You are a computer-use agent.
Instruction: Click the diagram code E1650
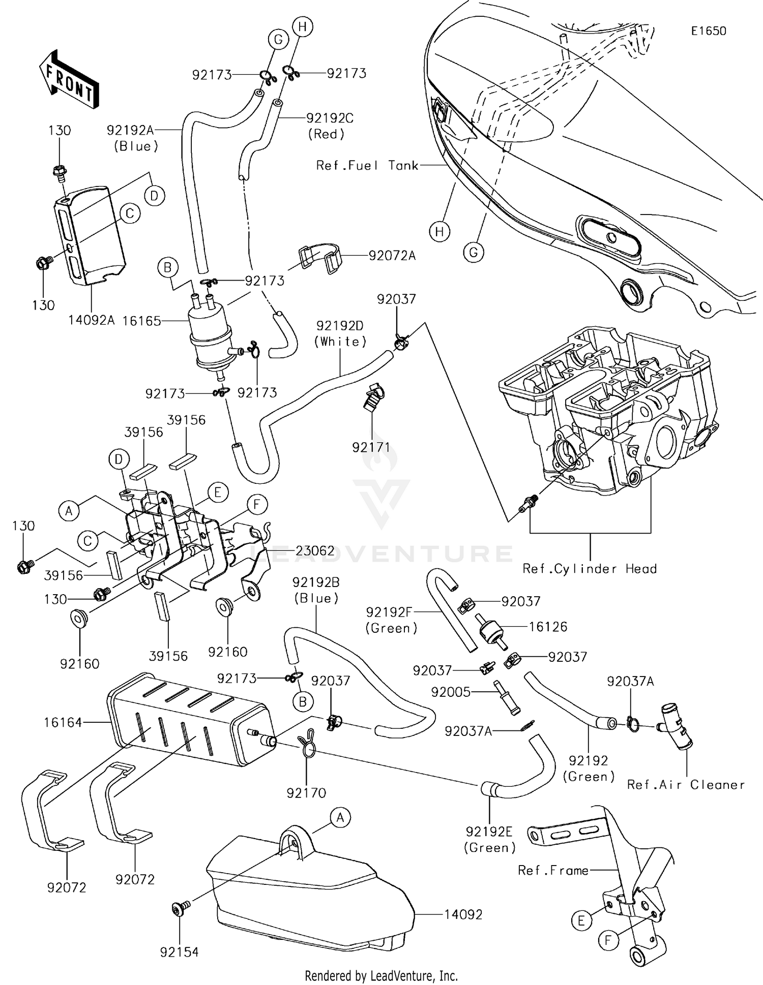pos(708,31)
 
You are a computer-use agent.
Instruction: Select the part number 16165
pos(141,321)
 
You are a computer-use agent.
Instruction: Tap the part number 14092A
pos(92,320)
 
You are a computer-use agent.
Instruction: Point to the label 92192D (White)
pos(340,333)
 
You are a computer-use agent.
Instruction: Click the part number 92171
pos(371,447)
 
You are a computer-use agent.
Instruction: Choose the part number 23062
pos(315,551)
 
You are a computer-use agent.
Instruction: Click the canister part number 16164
pos(63,722)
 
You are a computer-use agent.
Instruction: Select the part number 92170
pos(306,792)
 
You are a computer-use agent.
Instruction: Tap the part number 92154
pos(179,952)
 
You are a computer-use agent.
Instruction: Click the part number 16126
pos(548,627)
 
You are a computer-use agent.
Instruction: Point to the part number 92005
pos(451,692)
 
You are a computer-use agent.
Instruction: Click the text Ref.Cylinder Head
pos(590,569)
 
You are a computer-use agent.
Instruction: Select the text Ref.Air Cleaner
pos(686,785)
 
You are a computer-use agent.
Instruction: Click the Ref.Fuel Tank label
pos(367,165)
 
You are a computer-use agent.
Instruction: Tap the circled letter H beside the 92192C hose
pos(302,26)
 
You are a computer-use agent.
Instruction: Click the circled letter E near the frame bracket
pos(581,920)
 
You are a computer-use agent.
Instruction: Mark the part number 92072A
pos(392,256)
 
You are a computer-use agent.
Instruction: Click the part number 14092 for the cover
pos(462,914)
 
